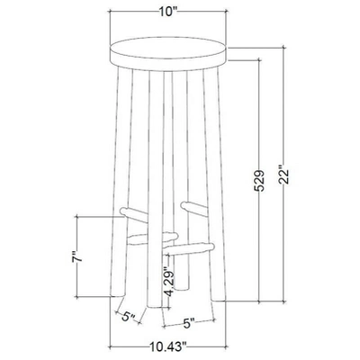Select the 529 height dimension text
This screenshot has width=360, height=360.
point(258,180)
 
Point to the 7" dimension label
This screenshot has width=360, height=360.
point(78,259)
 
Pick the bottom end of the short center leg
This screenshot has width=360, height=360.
point(184,286)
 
